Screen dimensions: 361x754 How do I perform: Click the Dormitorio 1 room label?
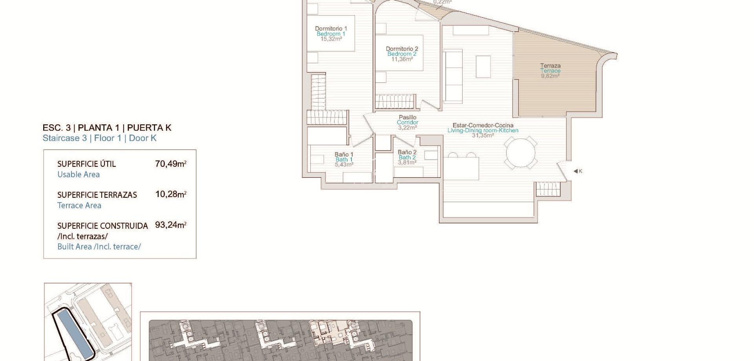331,29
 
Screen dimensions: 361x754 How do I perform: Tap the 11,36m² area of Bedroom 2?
402,59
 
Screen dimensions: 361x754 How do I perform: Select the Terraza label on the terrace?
550,66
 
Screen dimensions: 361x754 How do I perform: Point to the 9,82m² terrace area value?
550,76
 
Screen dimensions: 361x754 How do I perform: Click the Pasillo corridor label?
407,117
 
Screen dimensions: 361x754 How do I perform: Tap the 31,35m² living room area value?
483,135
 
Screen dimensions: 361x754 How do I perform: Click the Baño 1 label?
344,155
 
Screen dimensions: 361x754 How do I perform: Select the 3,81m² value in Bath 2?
407,162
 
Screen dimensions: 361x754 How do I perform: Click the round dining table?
521,153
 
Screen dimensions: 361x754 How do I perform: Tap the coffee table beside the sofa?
483,67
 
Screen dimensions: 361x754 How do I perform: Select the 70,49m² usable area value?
170,164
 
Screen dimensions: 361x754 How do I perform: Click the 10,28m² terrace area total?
170,194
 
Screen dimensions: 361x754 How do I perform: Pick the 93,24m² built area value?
170,225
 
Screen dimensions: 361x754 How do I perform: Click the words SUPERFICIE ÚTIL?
86,164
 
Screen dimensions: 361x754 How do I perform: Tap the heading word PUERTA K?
149,128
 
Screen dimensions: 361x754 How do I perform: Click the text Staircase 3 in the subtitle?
64,138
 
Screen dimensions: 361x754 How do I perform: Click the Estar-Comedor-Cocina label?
483,126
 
